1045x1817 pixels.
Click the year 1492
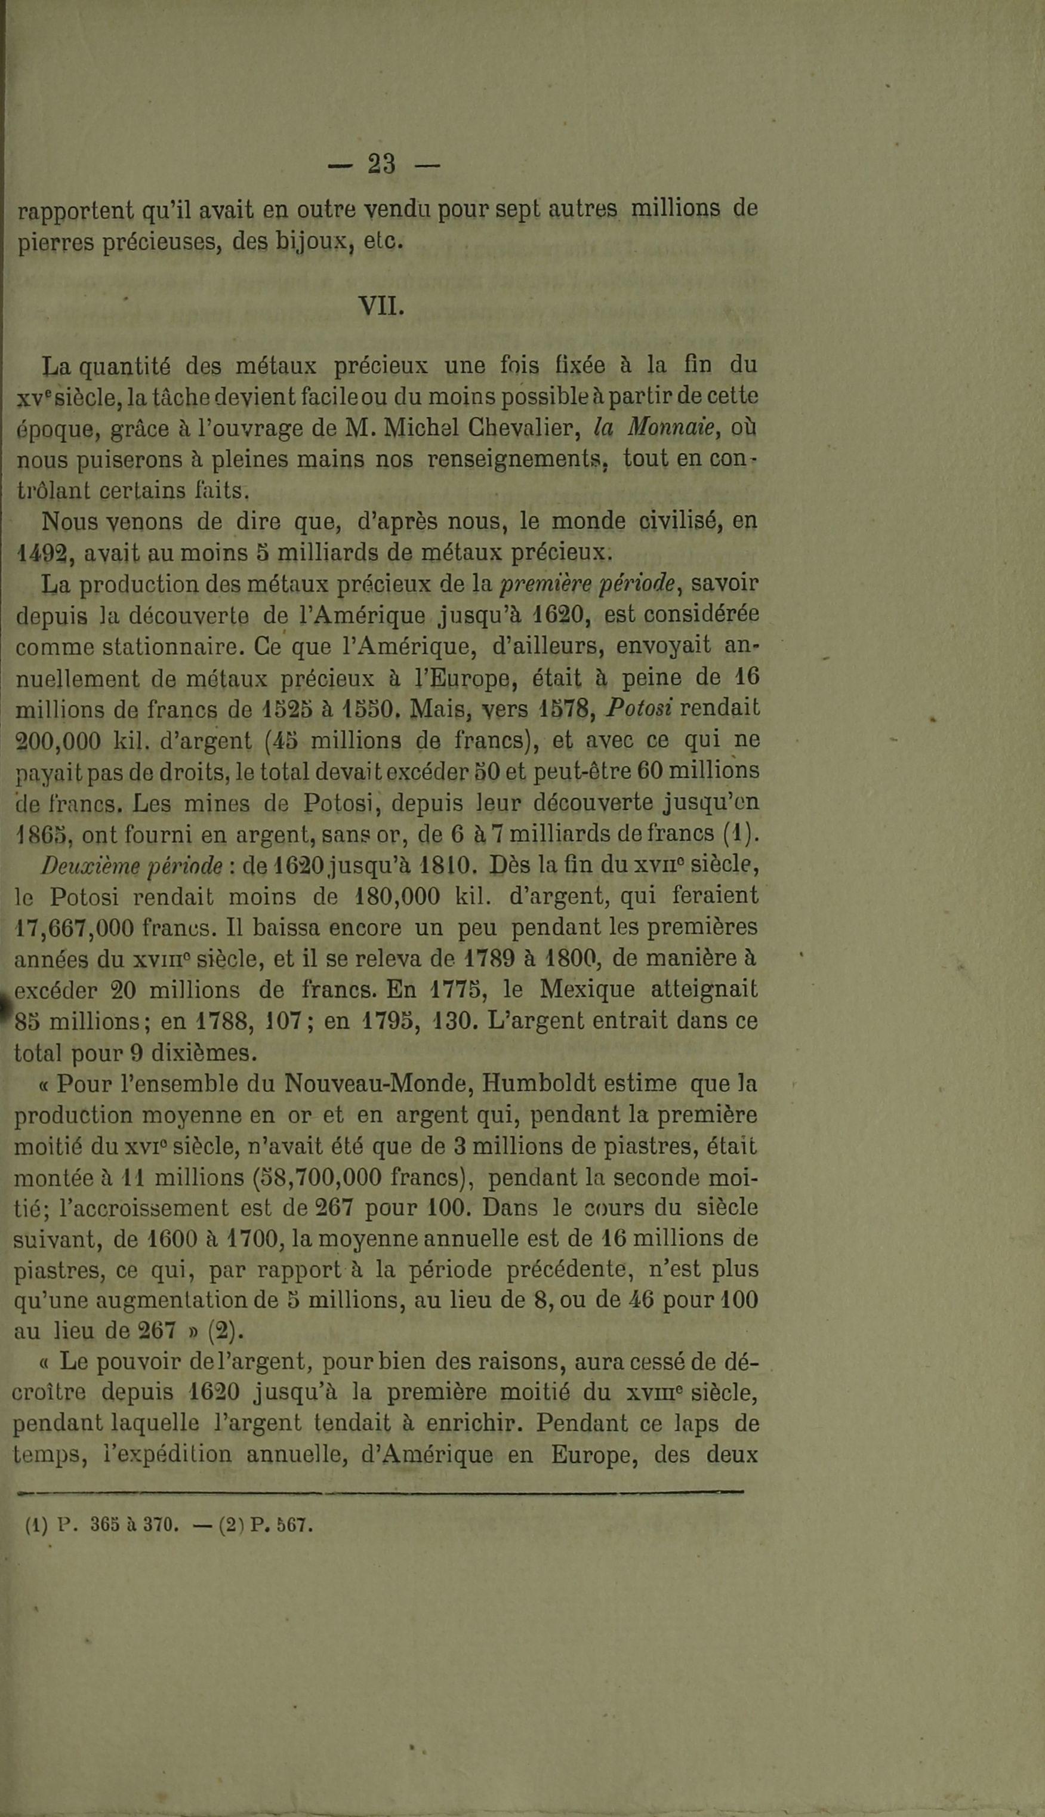(44, 553)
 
